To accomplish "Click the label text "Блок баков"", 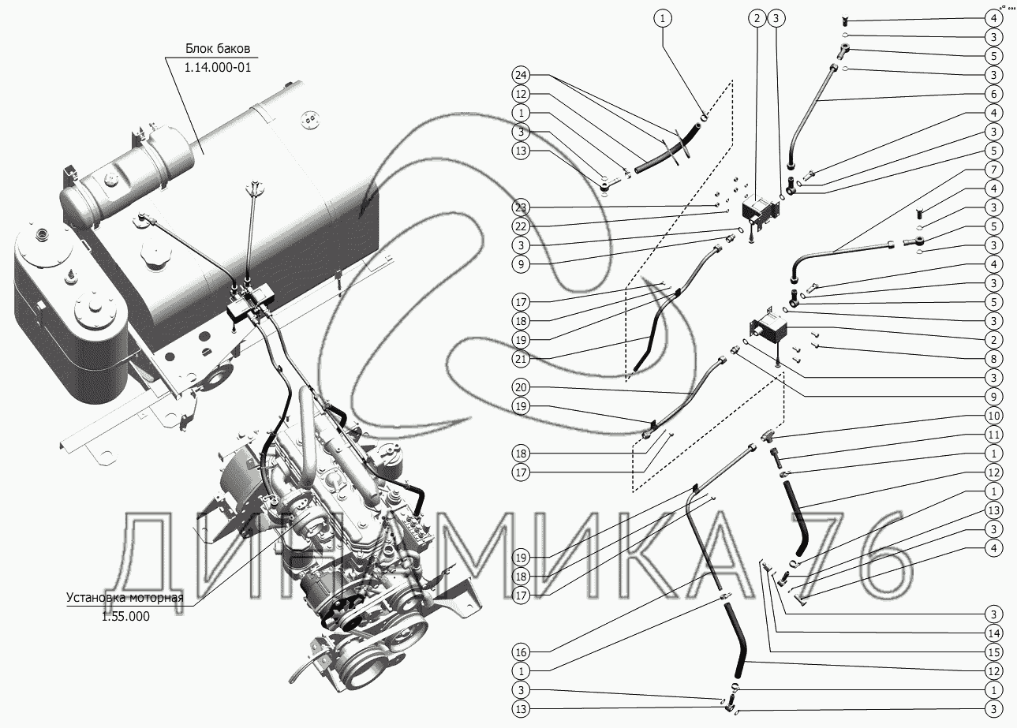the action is point(218,48).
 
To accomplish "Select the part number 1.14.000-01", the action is point(218,68).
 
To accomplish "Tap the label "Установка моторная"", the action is point(125,597).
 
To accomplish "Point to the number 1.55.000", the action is point(125,616).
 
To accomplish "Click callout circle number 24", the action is point(522,75).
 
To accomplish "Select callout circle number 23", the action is point(522,208).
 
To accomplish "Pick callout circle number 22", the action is point(522,226).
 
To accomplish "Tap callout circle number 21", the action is point(522,359).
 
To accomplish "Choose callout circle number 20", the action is point(522,387).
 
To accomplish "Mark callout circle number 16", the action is point(522,652).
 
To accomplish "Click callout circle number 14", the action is point(994,633).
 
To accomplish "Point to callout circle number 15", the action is point(994,652).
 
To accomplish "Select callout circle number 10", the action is point(994,416).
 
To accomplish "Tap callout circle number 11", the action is point(994,435).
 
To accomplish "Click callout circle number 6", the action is point(994,94).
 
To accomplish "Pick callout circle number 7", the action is point(994,170).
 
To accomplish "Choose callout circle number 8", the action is point(994,359).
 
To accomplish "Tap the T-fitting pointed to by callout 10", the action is point(768,435).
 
